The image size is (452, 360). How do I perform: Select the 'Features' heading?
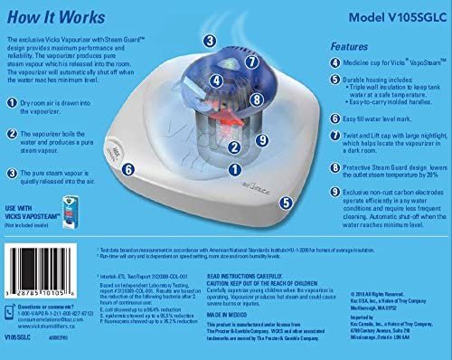[x=349, y=45]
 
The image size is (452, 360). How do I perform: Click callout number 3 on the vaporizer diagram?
[x=209, y=41]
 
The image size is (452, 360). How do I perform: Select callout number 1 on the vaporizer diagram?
[x=233, y=168]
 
